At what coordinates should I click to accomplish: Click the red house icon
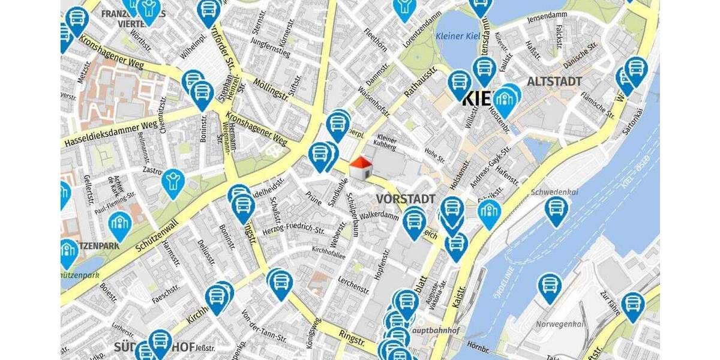[x=360, y=168]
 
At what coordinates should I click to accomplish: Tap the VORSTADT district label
[x=406, y=199]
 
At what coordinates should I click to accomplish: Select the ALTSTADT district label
[x=554, y=81]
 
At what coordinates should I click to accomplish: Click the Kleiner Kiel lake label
[x=463, y=36]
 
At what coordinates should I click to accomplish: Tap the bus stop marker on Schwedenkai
[x=556, y=210]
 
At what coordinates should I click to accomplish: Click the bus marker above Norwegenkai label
[x=549, y=287]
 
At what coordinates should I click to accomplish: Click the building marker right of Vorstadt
[x=490, y=213]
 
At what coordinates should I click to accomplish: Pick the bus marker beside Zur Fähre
[x=633, y=305]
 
